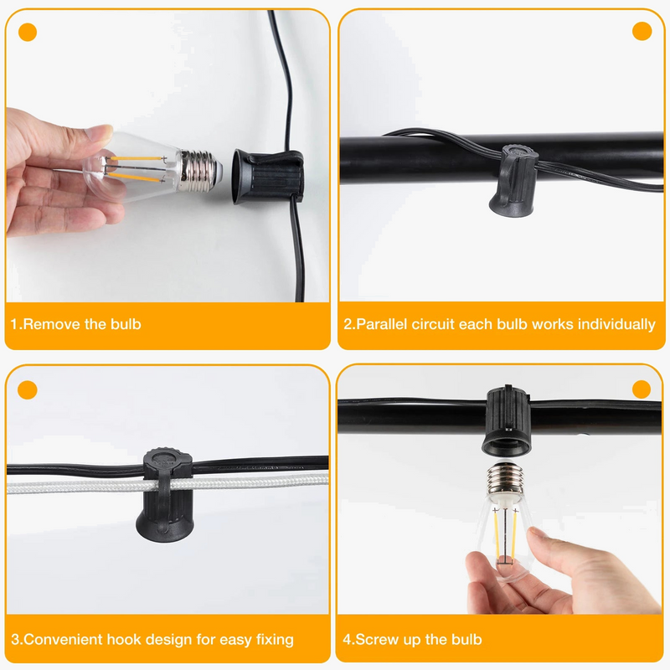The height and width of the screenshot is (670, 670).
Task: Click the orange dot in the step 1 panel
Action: click(x=28, y=32)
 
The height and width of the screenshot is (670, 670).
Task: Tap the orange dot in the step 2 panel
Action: click(x=642, y=31)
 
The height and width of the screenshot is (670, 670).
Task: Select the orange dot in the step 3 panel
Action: click(x=28, y=389)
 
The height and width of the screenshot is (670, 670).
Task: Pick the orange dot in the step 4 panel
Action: click(x=641, y=389)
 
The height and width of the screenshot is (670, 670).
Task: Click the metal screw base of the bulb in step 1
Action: click(x=200, y=171)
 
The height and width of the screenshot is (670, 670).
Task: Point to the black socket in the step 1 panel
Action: click(x=268, y=176)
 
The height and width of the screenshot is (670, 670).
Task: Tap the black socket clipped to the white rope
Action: click(x=164, y=495)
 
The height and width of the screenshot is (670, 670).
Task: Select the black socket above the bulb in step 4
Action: click(x=508, y=420)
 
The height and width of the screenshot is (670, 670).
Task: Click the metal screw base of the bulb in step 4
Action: click(x=505, y=477)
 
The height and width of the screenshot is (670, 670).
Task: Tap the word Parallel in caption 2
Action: click(x=382, y=324)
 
